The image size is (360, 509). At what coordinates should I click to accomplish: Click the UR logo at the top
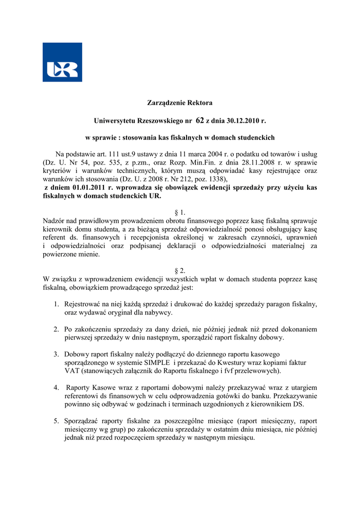[62, 62]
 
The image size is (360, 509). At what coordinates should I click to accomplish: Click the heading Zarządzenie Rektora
[180, 103]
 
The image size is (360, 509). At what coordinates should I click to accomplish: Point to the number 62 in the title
[200, 120]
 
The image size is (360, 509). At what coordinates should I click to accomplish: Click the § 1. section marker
[180, 212]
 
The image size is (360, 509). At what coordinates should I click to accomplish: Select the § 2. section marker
[180, 271]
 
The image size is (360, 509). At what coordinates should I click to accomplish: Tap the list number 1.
[57, 304]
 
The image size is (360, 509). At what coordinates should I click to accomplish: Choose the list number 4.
[57, 388]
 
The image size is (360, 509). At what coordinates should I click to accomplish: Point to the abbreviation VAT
[73, 371]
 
